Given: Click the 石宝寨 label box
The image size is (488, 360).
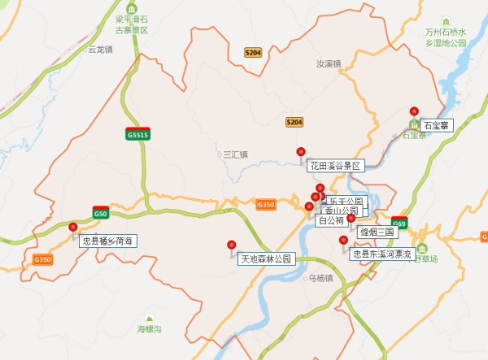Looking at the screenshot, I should coord(437,126).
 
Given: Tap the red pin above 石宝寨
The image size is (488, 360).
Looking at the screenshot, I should coord(414,112).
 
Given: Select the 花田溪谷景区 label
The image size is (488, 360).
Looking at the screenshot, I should coord(334,166).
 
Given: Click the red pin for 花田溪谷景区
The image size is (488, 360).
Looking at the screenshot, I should coord(301,152).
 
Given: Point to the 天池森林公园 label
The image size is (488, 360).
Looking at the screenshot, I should coord(265,259).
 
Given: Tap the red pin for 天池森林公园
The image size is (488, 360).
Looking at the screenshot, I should coord(232,245).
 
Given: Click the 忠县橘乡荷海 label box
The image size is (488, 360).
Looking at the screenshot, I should coord(107,241).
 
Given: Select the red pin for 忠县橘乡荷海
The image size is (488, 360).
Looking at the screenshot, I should coord(73,228).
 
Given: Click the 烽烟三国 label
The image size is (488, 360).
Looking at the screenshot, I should coord(377,232).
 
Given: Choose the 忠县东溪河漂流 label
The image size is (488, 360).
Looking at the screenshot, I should coord(382,254).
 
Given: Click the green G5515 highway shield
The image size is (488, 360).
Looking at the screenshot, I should coord(137,134).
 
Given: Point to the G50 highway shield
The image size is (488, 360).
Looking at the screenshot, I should coord(100,214).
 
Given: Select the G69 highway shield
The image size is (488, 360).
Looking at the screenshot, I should coord(399,223).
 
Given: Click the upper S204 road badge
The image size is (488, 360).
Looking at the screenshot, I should coord(253,52).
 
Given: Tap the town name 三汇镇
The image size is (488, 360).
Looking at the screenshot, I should coord(235,154).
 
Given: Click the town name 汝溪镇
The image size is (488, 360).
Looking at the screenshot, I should coord(329,63).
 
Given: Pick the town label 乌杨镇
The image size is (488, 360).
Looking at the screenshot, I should coord(320,277).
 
